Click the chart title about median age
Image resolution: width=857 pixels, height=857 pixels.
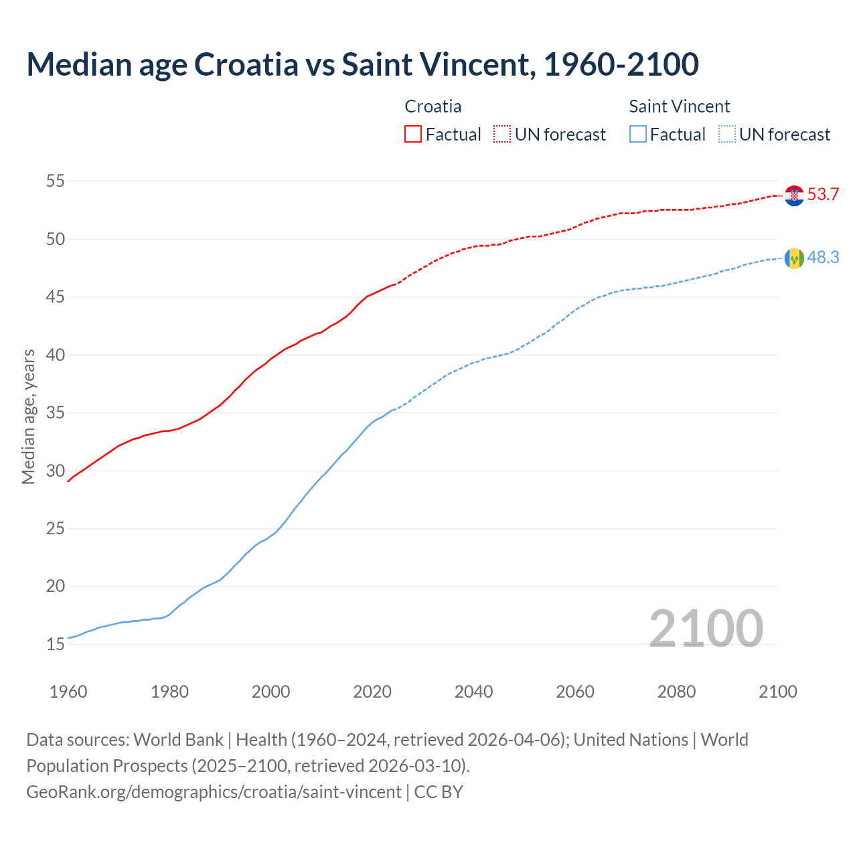point(362,64)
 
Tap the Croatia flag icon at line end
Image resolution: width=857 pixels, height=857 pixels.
point(794,196)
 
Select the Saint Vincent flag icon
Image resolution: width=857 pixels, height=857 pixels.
point(794,258)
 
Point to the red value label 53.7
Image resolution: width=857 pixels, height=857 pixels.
point(823,195)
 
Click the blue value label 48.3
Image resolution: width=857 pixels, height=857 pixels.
point(823,258)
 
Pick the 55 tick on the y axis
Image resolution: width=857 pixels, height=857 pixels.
point(56,181)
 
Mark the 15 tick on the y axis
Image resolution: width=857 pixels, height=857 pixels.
point(56,644)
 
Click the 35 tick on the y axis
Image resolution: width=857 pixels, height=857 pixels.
point(56,412)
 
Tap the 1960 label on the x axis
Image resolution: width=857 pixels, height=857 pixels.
point(68,692)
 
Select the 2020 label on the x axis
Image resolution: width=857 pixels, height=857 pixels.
point(372,692)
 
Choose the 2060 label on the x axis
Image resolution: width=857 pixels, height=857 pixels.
point(575,692)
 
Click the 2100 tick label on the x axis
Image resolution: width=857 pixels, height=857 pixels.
point(777,692)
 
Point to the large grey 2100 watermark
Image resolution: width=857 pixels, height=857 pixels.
point(706,629)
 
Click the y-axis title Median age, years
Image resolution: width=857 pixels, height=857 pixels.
point(29,416)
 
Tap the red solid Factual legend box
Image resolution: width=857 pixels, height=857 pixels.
point(413,135)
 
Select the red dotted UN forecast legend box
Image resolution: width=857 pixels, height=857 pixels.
point(502,135)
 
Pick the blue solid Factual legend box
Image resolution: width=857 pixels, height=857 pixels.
point(638,135)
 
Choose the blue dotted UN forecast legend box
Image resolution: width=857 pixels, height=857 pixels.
point(726,135)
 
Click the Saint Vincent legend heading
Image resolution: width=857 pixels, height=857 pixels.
point(679,106)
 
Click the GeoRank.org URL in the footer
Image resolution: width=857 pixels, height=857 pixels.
point(214,791)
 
